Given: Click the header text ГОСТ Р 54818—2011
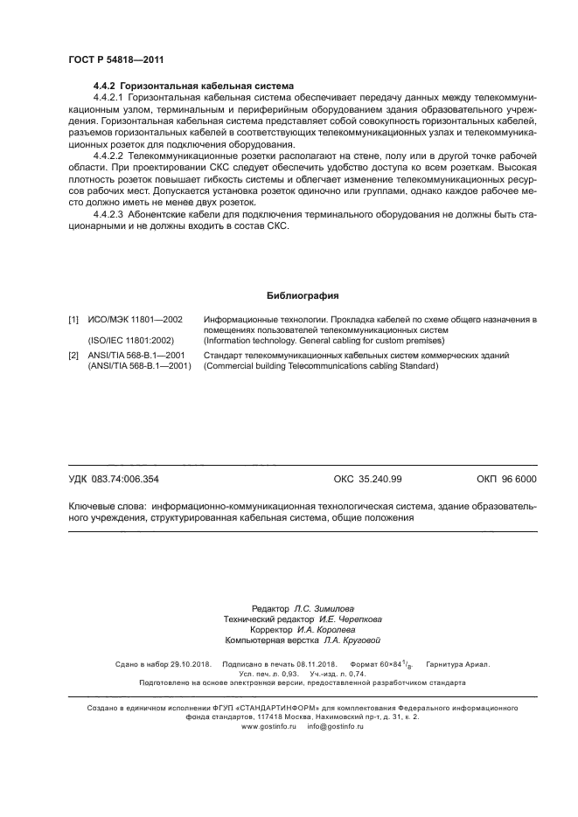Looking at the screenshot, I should (x=115, y=59).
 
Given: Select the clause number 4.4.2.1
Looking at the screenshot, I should (x=109, y=100).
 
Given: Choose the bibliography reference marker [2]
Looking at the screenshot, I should (x=73, y=356).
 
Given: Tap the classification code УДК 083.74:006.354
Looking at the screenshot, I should (x=114, y=479).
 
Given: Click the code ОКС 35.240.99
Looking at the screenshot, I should (x=367, y=479).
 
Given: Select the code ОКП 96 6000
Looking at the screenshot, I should (x=506, y=479).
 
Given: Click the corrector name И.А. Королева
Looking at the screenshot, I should (x=325, y=629).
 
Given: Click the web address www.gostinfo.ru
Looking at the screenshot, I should (x=269, y=726).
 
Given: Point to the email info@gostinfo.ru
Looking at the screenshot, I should (x=335, y=726).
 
